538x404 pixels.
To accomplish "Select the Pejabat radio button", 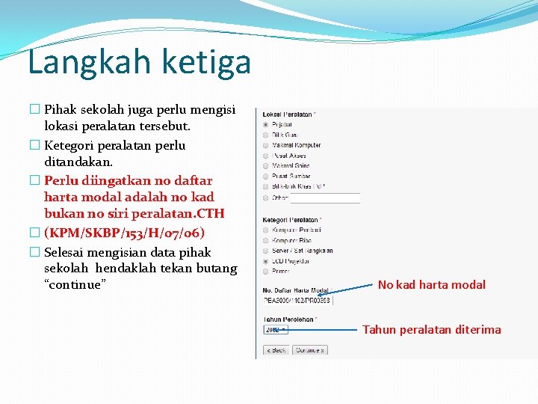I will click(x=266, y=124).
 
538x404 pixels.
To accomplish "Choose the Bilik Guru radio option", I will click(x=266, y=135).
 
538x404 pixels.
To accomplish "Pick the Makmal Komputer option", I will click(x=266, y=145).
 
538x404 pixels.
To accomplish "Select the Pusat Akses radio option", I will click(x=266, y=156).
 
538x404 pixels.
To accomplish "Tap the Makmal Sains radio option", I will click(x=266, y=165).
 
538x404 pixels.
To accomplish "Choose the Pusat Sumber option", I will click(x=266, y=176).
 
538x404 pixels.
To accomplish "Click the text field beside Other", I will click(x=325, y=198).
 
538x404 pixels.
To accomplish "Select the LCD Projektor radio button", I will click(x=266, y=261).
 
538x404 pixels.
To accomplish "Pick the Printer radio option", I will click(x=266, y=272).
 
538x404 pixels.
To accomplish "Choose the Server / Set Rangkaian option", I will click(x=266, y=251).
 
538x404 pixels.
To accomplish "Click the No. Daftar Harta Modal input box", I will click(x=297, y=300).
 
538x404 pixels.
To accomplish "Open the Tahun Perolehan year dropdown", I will click(x=274, y=329).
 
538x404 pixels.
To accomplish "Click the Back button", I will click(x=276, y=350).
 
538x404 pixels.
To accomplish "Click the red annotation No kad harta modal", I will click(x=431, y=284).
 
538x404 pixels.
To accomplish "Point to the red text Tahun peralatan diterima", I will click(x=432, y=329).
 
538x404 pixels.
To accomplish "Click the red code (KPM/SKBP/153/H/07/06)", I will click(x=124, y=233).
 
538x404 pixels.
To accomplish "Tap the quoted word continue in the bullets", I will click(x=75, y=285).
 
